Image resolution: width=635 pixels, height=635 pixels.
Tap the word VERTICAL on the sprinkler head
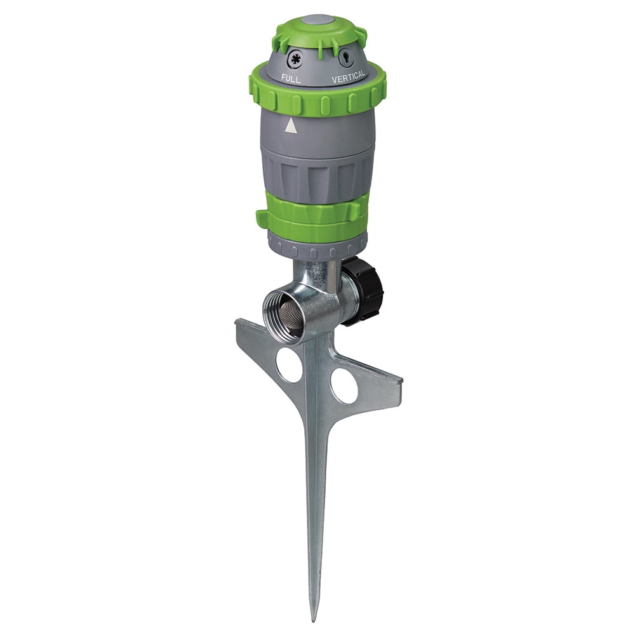pos(348,76)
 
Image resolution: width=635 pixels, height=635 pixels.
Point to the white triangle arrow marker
pos(291,126)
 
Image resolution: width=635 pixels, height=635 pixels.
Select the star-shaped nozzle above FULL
pos(295,60)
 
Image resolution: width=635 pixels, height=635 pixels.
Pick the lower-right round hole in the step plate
pos(344,385)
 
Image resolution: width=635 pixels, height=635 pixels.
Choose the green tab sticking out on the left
pos(262,219)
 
